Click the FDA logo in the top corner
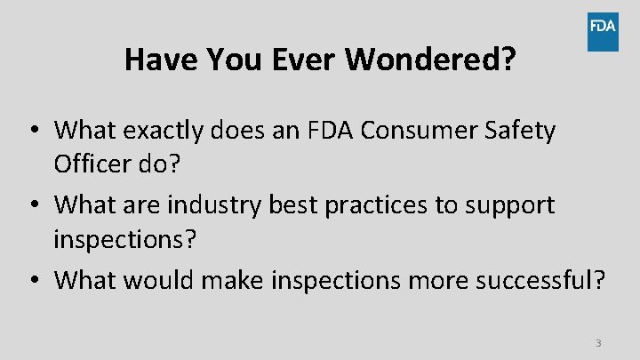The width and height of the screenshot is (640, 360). pos(603,31)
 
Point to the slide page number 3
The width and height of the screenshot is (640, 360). pos(598,343)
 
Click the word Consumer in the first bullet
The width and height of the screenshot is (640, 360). pos(430,131)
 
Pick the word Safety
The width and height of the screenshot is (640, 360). pos(524,131)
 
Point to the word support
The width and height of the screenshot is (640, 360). pos(513,205)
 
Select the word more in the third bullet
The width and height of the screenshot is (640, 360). pos(432,280)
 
